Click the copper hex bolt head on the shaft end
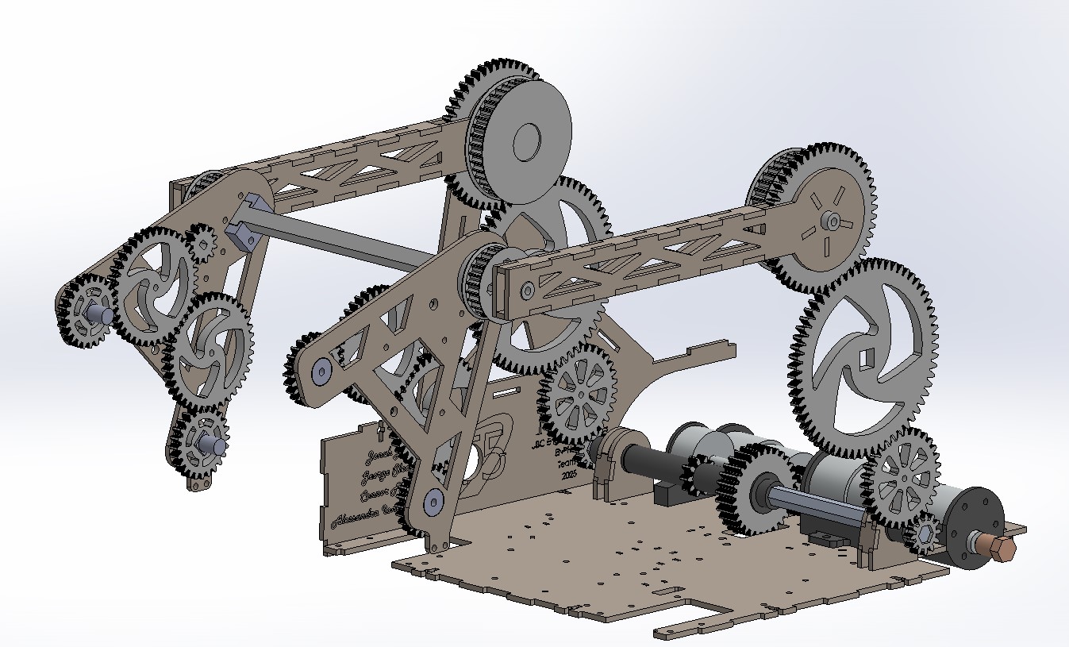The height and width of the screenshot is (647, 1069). (1001, 549)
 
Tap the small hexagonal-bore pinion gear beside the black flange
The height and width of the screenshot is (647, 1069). (925, 537)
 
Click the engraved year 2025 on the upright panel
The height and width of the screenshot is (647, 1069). (568, 474)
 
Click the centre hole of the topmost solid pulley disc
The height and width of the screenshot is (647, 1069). (526, 143)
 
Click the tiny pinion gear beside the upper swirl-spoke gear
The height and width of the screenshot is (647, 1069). (203, 243)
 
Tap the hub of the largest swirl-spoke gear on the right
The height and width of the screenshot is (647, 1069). (863, 358)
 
